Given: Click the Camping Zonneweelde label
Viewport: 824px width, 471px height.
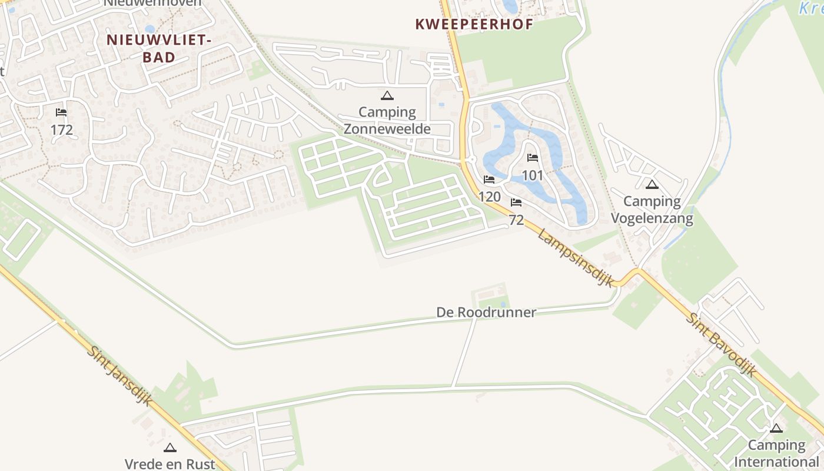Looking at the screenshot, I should tap(387, 120).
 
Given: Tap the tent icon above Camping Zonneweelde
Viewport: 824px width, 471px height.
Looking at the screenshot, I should tap(387, 95).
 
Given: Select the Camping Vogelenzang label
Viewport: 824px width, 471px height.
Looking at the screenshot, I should tap(652, 210).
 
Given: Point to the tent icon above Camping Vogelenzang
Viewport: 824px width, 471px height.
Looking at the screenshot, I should tap(652, 185).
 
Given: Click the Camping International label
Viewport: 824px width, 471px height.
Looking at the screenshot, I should tap(776, 453).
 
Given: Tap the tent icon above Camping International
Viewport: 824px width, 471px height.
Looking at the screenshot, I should tap(776, 428).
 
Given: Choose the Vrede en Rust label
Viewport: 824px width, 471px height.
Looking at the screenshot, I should tap(170, 463).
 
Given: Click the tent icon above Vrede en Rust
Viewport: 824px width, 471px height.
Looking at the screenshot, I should tap(170, 447).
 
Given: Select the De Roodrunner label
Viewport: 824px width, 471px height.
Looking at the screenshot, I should tap(486, 312).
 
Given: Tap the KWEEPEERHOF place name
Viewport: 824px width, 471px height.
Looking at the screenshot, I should tap(474, 24).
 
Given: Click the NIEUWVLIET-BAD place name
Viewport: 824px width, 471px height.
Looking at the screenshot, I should tap(158, 48).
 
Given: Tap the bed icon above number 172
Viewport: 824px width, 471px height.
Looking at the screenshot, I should tap(61, 112).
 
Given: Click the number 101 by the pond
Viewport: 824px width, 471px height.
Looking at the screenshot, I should tap(533, 175).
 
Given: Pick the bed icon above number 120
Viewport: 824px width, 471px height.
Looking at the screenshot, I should tap(489, 180).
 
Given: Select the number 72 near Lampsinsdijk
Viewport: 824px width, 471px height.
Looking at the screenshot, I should tap(516, 220).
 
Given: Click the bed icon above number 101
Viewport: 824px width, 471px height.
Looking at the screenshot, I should tap(533, 158).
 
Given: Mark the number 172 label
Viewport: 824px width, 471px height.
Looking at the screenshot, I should tap(61, 130).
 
